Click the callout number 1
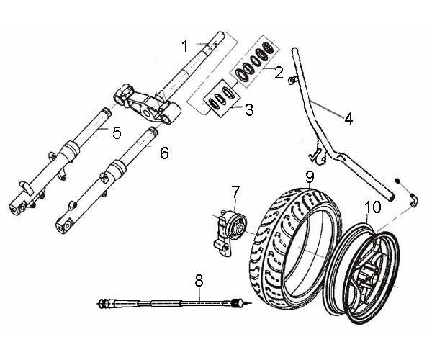click(x=185, y=45)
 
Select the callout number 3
click(x=248, y=110)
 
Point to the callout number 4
click(x=348, y=119)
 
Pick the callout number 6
click(x=164, y=153)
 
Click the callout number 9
click(x=309, y=176)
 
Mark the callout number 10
click(x=372, y=209)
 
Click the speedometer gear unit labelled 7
click(x=230, y=225)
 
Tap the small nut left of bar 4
click(x=293, y=79)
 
